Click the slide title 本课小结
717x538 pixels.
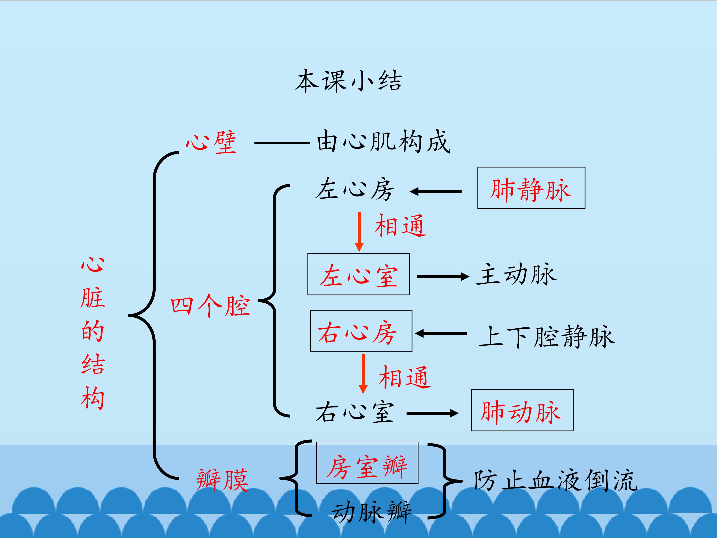click(x=349, y=81)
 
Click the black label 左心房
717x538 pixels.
click(x=355, y=189)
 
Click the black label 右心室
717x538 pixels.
click(x=355, y=412)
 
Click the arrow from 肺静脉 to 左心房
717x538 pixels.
click(x=436, y=192)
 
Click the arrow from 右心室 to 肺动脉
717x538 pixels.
click(x=432, y=413)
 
